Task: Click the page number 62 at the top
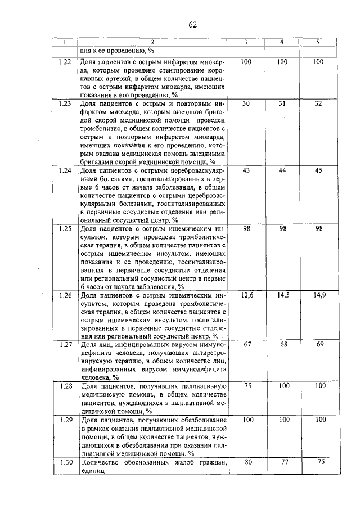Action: click(192, 24)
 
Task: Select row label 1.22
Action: click(64, 62)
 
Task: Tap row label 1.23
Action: click(64, 104)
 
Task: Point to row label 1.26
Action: click(64, 295)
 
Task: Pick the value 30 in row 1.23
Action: click(246, 104)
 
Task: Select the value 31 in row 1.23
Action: click(282, 104)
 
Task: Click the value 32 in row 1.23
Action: click(318, 104)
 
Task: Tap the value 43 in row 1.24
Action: click(246, 170)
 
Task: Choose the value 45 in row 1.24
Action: click(318, 170)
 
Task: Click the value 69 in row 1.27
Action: click(319, 344)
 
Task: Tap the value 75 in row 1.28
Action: click(246, 386)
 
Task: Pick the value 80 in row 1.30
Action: click(246, 463)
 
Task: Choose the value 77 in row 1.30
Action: click(283, 463)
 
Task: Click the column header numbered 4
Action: click(282, 42)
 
